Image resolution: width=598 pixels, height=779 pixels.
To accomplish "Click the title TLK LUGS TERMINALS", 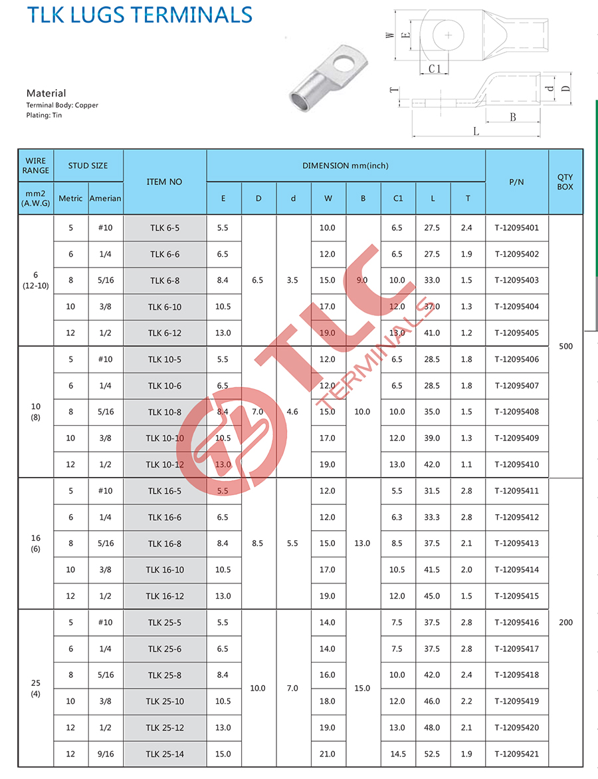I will click(x=140, y=14).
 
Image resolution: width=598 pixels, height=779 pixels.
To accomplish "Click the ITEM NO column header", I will click(x=164, y=182).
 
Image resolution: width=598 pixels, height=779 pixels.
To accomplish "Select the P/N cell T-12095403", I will click(x=516, y=280).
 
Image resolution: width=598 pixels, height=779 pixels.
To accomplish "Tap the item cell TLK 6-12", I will click(x=164, y=333).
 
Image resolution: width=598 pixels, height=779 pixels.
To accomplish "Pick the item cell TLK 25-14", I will click(x=164, y=754).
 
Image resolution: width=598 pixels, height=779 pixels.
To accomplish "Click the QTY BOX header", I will click(x=565, y=182).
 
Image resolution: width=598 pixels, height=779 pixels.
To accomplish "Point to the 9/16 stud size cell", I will click(x=106, y=754).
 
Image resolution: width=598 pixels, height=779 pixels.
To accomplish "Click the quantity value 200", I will click(x=565, y=623).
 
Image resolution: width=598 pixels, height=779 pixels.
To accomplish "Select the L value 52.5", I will click(x=432, y=754).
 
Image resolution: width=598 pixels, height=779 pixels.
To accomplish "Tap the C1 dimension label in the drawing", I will click(x=435, y=69).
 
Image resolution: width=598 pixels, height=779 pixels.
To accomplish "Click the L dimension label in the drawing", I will click(x=476, y=132).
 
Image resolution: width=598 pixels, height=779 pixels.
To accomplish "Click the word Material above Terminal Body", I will click(x=46, y=93).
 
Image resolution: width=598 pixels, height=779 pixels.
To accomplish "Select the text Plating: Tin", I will click(x=44, y=115).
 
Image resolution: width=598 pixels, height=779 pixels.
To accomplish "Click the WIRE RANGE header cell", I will click(x=35, y=165).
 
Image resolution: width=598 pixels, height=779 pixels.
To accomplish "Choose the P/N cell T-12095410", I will click(x=516, y=464).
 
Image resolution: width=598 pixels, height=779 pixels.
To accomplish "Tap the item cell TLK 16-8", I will click(x=164, y=544).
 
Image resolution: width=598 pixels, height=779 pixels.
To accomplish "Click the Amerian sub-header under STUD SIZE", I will click(x=106, y=198).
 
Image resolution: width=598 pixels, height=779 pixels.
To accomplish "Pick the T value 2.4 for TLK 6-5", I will click(x=466, y=228).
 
